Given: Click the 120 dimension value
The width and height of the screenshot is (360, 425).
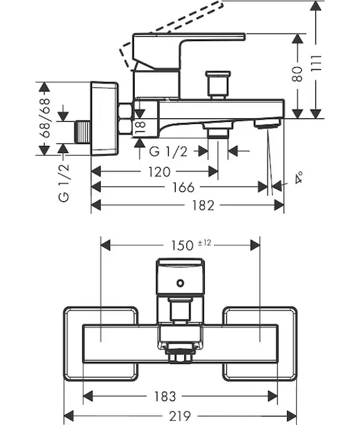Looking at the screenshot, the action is [159, 172].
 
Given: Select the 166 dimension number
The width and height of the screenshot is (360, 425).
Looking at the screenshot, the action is [184, 187].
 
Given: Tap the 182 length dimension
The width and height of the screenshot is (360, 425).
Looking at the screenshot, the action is [203, 205].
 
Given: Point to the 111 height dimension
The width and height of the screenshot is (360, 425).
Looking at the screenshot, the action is [316, 63].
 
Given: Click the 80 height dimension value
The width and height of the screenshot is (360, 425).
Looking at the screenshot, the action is [298, 74].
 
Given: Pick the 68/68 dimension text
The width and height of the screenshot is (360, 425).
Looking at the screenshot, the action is [45, 118].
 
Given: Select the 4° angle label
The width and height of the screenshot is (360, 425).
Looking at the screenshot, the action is [299, 178].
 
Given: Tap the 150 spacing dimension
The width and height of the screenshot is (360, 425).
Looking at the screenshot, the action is [182, 246].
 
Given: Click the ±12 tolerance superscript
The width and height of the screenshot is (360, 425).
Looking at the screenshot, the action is [204, 243].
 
